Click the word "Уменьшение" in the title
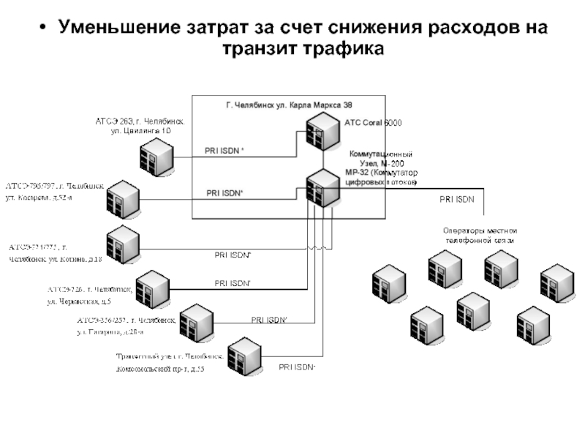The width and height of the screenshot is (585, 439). tap(114, 29)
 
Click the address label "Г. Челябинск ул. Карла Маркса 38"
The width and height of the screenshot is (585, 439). tap(289, 105)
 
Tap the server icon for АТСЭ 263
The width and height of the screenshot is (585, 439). tap(154, 154)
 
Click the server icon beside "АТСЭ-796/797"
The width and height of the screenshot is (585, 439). tap(125, 197)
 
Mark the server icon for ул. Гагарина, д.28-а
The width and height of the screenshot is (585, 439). tap(195, 319)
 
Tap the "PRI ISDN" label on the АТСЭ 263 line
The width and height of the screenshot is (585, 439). tap(223, 151)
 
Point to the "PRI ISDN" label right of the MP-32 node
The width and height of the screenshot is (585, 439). tap(456, 198)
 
